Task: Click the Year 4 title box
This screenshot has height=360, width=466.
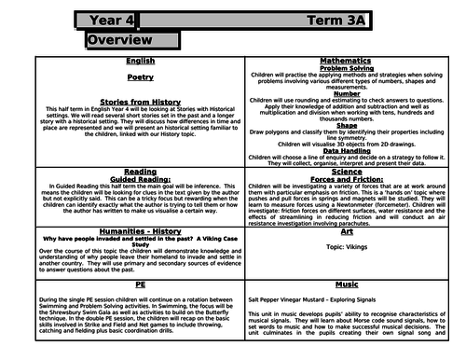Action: point(121,19)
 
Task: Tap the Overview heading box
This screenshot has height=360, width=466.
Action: point(121,42)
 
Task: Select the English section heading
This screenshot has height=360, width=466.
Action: point(141,62)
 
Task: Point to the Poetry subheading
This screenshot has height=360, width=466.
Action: point(141,80)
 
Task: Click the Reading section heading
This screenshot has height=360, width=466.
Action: point(141,172)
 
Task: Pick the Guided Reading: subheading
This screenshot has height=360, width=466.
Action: point(141,179)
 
